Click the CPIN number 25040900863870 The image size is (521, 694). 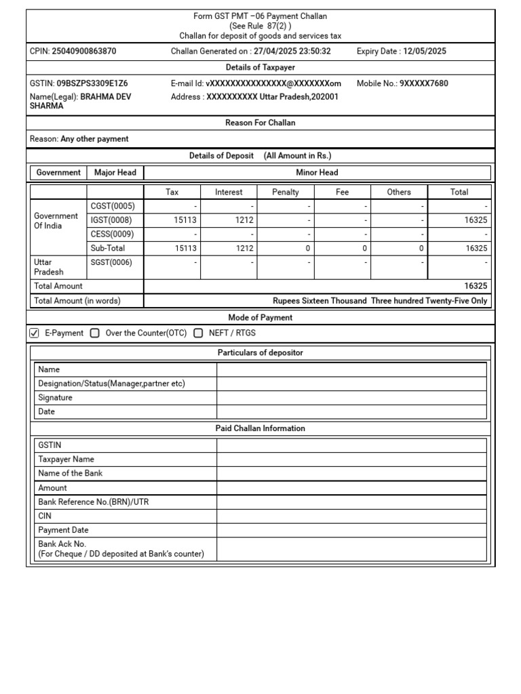coord(83,52)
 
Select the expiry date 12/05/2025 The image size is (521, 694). coord(425,52)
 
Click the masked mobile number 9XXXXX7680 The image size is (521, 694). coord(423,83)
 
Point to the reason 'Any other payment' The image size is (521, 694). coord(94,139)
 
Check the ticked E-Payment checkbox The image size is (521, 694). coord(35,333)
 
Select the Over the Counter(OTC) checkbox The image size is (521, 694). coord(94,333)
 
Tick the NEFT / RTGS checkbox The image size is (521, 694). coord(198,333)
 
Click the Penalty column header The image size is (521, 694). coord(285,192)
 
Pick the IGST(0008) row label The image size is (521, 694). coord(111,220)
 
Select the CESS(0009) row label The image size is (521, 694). coord(113,234)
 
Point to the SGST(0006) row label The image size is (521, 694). coord(112,263)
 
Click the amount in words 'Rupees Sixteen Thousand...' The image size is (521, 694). coord(379,301)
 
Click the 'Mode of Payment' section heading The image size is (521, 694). coord(260,317)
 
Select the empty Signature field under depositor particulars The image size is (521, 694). coord(351,398)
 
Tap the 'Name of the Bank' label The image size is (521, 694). coord(71,474)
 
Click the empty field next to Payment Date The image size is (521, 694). coord(351,530)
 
